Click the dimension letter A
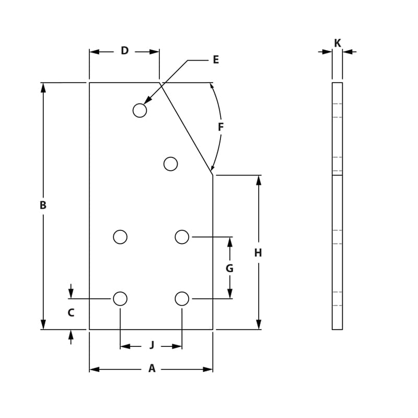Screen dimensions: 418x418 coord(152,369)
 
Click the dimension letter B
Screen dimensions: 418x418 coord(43,205)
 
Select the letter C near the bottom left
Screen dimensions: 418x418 coord(71,313)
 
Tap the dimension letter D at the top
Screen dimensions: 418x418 coord(124,51)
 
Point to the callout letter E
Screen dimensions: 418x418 coord(216,60)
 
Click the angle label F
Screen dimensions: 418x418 coord(220,127)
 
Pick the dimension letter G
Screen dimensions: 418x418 coord(229,269)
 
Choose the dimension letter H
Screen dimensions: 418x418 coord(258,253)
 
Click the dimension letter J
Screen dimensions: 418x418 coord(152,345)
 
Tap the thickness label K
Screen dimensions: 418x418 coord(338,43)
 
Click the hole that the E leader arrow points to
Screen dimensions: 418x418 coord(140,110)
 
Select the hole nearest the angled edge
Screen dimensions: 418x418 coord(170,164)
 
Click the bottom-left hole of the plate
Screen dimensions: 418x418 coord(120,298)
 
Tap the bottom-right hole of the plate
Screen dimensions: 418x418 coord(182,298)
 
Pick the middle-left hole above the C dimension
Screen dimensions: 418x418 coord(120,237)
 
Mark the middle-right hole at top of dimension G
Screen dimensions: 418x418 coord(182,237)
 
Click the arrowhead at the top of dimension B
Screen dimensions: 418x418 coord(43,87)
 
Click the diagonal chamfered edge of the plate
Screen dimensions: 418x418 coord(186,128)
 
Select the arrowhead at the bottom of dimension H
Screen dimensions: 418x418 coord(258,324)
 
